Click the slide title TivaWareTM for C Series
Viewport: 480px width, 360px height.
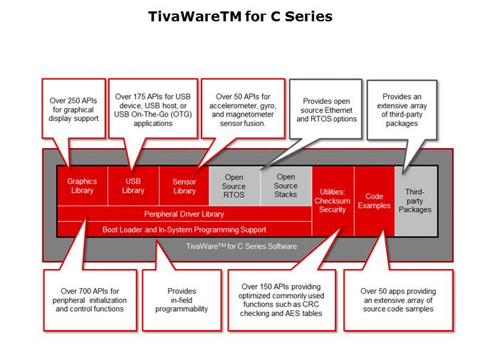(240, 16)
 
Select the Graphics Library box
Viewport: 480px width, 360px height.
(82, 186)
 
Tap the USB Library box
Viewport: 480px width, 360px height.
(133, 186)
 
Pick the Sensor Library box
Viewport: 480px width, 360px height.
(184, 186)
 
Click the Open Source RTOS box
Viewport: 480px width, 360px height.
(234, 186)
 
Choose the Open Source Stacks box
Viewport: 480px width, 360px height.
(286, 186)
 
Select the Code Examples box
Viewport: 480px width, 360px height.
(375, 201)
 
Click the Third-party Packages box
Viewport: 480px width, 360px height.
(415, 201)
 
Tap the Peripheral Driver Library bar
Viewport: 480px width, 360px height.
(184, 214)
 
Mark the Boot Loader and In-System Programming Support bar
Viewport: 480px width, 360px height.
(184, 229)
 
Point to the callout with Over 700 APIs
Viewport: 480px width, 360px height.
(89, 300)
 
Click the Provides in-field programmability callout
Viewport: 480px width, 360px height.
(187, 300)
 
